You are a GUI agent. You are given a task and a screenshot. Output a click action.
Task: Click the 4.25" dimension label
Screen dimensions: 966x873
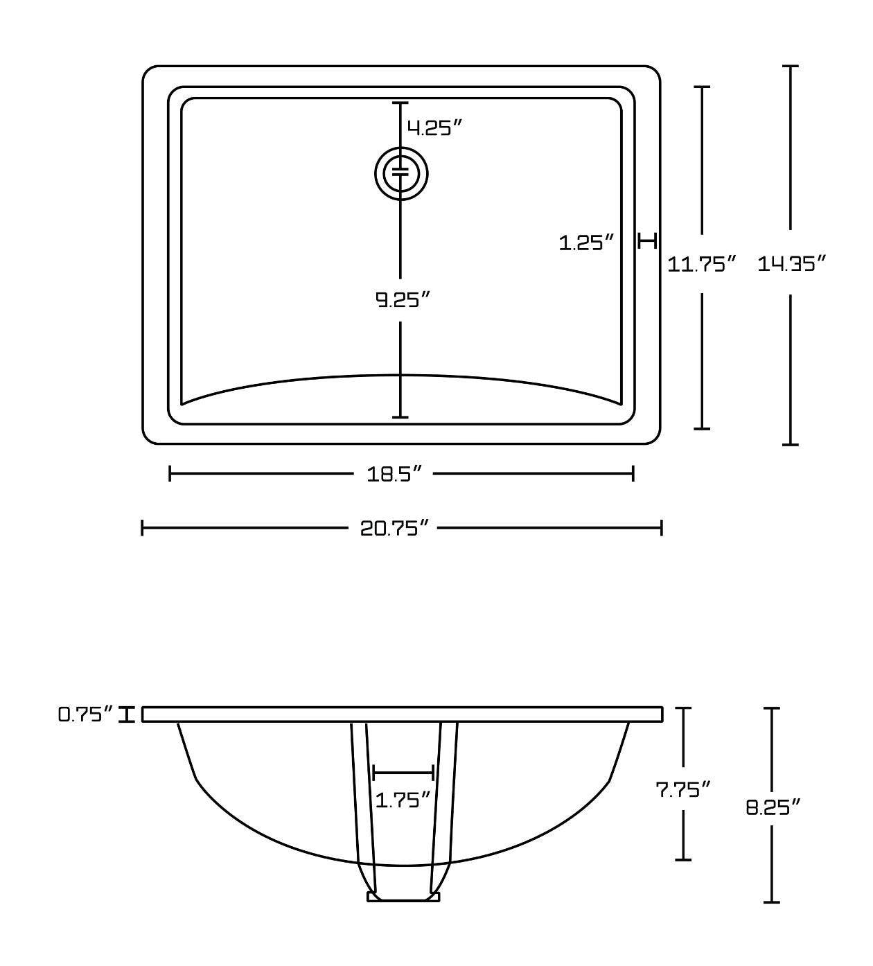click(x=434, y=128)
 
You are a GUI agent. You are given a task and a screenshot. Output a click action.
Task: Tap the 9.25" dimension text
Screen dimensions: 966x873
click(x=403, y=299)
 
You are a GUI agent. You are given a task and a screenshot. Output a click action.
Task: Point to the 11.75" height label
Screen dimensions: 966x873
click(x=701, y=263)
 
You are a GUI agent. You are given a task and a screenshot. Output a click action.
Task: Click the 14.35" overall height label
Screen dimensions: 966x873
click(x=792, y=263)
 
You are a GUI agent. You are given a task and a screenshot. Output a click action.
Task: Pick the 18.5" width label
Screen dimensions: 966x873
click(x=394, y=474)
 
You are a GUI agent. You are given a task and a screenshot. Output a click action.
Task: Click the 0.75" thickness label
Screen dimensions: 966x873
click(x=85, y=714)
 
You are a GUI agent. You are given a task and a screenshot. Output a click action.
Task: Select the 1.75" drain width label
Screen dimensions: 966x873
click(x=403, y=800)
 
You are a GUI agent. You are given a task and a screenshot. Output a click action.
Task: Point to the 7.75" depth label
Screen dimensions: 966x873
click(x=684, y=789)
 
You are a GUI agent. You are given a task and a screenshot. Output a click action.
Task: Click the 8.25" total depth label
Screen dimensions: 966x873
click(x=773, y=807)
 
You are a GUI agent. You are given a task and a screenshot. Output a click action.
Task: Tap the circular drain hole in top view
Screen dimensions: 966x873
click(x=401, y=173)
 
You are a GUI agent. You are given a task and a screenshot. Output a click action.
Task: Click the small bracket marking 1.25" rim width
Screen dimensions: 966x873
click(x=647, y=241)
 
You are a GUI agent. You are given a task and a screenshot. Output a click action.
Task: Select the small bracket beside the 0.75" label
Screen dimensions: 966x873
click(x=126, y=714)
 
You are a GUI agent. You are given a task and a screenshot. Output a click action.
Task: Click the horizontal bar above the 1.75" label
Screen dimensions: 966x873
click(x=403, y=772)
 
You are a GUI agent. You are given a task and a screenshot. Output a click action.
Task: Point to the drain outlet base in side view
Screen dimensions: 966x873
click(x=403, y=897)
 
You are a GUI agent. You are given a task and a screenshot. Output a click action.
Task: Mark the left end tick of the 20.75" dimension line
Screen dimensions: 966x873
click(x=142, y=528)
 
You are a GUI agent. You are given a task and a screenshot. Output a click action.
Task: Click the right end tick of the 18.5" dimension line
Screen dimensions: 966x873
click(x=633, y=473)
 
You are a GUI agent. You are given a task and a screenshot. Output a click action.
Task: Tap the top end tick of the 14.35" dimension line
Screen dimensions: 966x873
click(x=790, y=67)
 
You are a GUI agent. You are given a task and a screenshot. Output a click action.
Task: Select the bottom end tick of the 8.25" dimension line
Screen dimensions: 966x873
click(x=772, y=902)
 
